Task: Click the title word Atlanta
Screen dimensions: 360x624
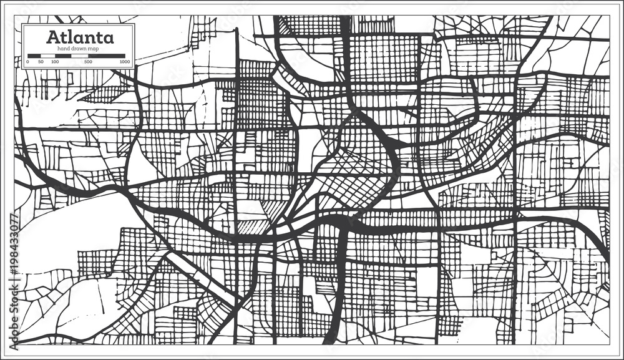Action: click(x=79, y=37)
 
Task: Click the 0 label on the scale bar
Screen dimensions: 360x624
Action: click(x=27, y=62)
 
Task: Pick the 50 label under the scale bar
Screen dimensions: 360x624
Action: click(x=41, y=62)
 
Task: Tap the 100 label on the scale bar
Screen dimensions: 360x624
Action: click(x=55, y=62)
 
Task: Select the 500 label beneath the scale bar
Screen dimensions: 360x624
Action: click(x=88, y=62)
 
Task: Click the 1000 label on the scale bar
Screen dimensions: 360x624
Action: click(x=125, y=62)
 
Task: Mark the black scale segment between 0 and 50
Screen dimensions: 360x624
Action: click(x=34, y=56)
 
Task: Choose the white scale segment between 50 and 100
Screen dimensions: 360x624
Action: click(x=48, y=56)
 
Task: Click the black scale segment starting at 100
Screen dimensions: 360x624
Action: click(x=63, y=56)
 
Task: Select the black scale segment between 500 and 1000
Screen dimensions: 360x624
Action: click(x=107, y=56)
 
